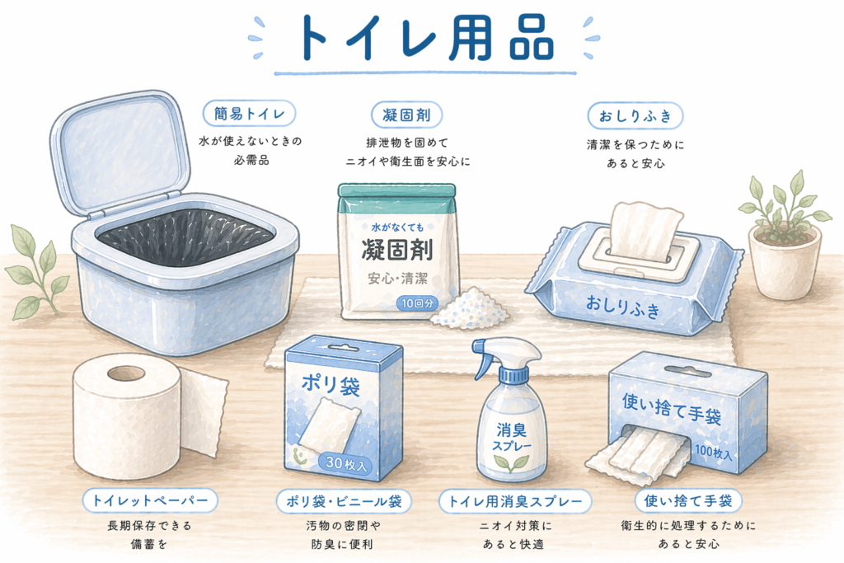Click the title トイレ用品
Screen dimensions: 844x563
coord(424,38)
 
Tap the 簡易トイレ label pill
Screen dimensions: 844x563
coord(249,114)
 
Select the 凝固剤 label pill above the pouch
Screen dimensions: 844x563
coord(407,115)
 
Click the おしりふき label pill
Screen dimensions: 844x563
coord(635,115)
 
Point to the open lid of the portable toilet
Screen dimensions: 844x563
coord(120,153)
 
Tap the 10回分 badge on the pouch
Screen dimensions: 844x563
coord(417,303)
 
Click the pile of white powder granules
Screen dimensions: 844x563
coord(469,309)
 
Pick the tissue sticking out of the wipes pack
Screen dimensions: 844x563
coord(643,229)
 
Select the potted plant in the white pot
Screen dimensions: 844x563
coord(784,237)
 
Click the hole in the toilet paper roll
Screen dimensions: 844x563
coord(126,373)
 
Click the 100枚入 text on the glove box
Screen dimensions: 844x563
coord(713,452)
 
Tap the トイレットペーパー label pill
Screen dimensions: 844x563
coord(150,500)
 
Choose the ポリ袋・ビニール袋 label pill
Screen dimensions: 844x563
coord(344,502)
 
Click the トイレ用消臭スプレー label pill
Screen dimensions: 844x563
coord(515,502)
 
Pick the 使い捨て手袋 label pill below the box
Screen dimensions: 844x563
coord(688,501)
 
